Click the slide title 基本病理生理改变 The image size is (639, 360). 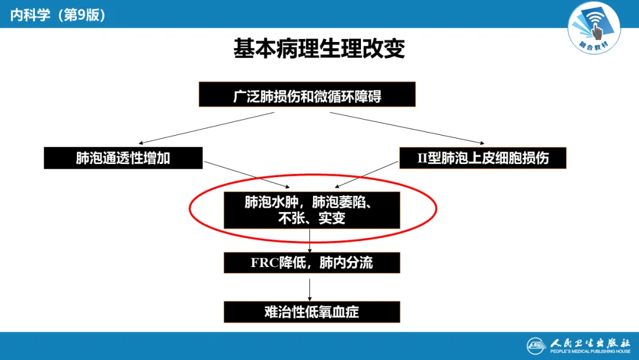click(319, 49)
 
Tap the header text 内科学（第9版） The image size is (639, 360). click(58, 15)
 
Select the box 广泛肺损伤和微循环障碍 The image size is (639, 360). click(307, 95)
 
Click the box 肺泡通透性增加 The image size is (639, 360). click(123, 158)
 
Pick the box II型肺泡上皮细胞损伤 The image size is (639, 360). click(483, 158)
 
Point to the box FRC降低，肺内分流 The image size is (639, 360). click(312, 263)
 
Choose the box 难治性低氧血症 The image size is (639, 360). click(312, 312)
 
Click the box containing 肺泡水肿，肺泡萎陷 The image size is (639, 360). click(312, 210)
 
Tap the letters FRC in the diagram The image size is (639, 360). click(264, 263)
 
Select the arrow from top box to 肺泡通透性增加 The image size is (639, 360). click(207, 127)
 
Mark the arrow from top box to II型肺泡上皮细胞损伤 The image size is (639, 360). click(408, 127)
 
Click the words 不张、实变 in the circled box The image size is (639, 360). click(312, 218)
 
